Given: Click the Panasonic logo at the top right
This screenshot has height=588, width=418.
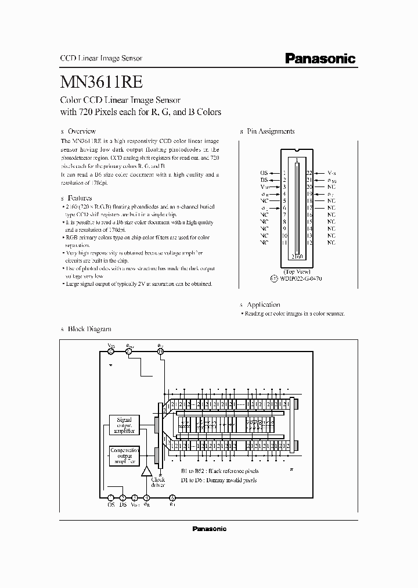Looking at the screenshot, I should [x=320, y=58].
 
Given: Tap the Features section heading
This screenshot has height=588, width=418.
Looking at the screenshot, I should [x=80, y=198].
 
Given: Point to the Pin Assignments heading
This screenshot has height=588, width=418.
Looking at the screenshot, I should [x=271, y=131].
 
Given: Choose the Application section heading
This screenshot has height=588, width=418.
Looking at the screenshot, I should [x=263, y=304].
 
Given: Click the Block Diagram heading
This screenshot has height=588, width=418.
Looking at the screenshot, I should [x=89, y=329].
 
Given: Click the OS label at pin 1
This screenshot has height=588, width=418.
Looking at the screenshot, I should [x=264, y=173].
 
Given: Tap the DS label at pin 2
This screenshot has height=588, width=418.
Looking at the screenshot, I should [x=264, y=180].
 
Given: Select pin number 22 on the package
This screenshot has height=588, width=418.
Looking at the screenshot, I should [x=309, y=173].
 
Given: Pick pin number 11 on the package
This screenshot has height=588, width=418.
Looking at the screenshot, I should [x=284, y=242].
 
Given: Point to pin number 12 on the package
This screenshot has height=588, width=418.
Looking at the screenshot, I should [x=309, y=242].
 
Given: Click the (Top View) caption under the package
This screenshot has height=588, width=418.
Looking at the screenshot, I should [x=297, y=271].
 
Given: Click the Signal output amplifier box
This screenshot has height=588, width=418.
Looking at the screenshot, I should [x=124, y=425].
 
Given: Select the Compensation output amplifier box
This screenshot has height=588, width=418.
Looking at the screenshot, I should [x=124, y=455].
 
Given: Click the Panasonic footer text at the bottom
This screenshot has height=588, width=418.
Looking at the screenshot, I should [x=209, y=529].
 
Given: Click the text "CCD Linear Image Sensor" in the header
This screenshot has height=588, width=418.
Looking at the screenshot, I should [x=102, y=59].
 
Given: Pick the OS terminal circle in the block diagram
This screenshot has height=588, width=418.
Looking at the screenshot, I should [x=110, y=498].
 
